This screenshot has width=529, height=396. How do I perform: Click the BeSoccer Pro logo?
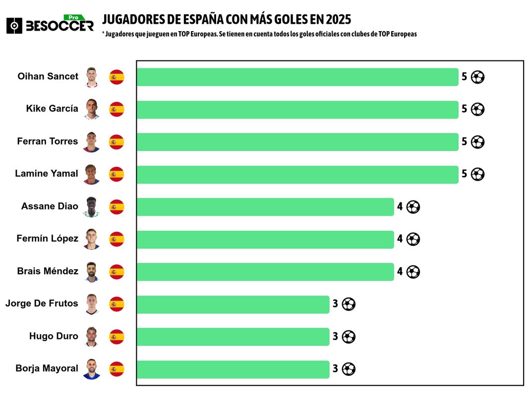pyautogui.click(x=50, y=24)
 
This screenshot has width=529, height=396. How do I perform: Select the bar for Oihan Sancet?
pyautogui.click(x=297, y=77)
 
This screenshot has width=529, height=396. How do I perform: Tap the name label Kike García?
pyautogui.click(x=52, y=108)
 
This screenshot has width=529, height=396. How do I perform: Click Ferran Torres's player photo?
pyautogui.click(x=92, y=142)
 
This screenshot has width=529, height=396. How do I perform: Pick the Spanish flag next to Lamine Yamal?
pyautogui.click(x=117, y=174)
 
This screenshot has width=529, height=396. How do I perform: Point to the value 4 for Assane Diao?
pyautogui.click(x=400, y=206)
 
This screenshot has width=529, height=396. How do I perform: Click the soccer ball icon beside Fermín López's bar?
pyautogui.click(x=413, y=239)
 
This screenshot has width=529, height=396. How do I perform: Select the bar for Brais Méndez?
pyautogui.click(x=265, y=272)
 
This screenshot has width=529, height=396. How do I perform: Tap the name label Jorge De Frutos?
pyautogui.click(x=42, y=303)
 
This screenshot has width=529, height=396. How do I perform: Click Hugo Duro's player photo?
pyautogui.click(x=92, y=337)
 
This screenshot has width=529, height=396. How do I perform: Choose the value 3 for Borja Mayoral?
pyautogui.click(x=335, y=369)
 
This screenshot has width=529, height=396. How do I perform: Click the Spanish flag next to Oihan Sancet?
pyautogui.click(x=117, y=77)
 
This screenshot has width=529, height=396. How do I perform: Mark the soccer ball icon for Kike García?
pyautogui.click(x=477, y=109)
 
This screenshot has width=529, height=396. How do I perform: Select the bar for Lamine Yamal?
pyautogui.click(x=297, y=174)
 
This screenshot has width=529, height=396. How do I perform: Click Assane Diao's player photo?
pyautogui.click(x=92, y=207)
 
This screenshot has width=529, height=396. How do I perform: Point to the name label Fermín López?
pyautogui.click(x=47, y=239)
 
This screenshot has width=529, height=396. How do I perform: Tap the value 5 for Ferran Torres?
pyautogui.click(x=464, y=142)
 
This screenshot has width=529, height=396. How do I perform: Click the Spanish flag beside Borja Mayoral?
pyautogui.click(x=117, y=369)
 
